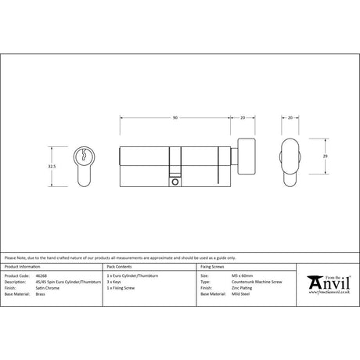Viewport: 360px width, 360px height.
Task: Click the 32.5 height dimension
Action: click(52, 166)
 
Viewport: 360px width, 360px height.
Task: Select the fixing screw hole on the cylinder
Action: click(174, 182)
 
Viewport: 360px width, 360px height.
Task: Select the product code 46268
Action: click(41, 276)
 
